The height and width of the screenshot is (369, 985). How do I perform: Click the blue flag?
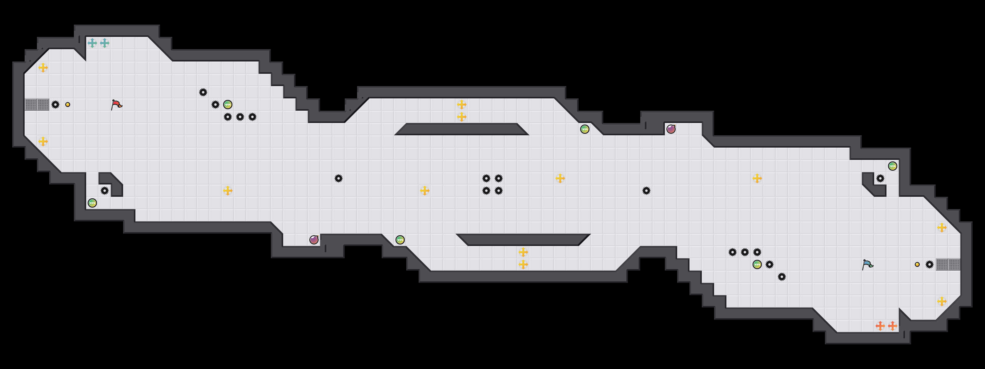coord(867,264)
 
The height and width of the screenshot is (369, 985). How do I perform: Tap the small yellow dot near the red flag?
coord(68,105)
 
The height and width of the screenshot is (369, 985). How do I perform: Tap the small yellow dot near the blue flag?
coord(917,264)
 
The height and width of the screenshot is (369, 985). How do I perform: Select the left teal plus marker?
coord(92,43)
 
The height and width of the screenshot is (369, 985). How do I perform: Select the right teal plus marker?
coord(104,43)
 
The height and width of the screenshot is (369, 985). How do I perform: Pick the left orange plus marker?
coord(880,326)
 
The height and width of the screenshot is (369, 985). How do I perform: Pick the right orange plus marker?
coord(892,326)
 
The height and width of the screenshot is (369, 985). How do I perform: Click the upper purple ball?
coord(671,129)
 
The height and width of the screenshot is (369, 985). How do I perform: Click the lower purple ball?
coord(314,240)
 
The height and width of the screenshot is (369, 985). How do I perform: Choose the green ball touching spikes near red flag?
coord(227,105)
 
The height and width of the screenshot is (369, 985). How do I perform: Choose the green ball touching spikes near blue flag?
coord(757,264)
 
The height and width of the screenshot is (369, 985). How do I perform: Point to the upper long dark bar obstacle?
coord(461,129)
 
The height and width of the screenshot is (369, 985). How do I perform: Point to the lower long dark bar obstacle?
coord(523,240)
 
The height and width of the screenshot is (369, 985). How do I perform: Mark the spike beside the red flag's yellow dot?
coord(55,105)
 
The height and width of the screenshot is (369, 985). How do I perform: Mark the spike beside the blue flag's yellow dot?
coord(930,264)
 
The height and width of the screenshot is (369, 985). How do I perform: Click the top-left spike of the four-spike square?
coord(486,178)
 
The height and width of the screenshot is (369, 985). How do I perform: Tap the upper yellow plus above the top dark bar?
coord(461,104)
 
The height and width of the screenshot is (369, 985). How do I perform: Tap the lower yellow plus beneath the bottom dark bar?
coord(523,264)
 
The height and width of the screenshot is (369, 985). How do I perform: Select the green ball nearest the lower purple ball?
coord(400,240)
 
